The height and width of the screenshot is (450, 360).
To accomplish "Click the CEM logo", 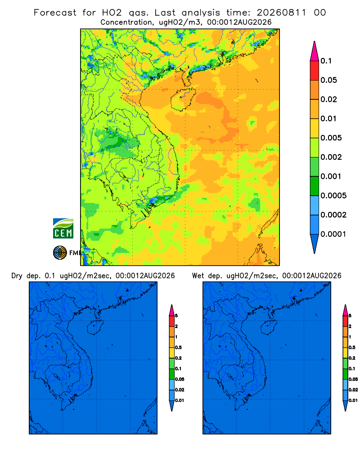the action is click(x=63, y=229).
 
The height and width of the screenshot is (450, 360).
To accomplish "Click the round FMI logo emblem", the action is click(x=60, y=252).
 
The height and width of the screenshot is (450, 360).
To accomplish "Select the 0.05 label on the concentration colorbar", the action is click(x=328, y=80).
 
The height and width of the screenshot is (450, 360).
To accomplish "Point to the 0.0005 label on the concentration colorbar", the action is click(x=333, y=195).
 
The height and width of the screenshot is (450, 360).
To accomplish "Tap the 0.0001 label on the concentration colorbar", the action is click(x=333, y=234).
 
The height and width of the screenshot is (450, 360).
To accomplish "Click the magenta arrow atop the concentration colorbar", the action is click(x=315, y=51).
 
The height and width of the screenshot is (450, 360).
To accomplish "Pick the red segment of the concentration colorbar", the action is click(x=315, y=71).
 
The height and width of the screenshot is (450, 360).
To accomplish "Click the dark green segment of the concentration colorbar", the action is click(x=315, y=186).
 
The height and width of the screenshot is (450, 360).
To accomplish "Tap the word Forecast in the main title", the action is click(x=55, y=13).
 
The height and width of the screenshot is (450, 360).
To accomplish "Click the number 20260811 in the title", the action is click(x=281, y=13).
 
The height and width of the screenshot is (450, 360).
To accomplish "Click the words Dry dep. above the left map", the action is click(x=26, y=276).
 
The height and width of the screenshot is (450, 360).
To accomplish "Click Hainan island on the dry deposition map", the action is click(x=95, y=327).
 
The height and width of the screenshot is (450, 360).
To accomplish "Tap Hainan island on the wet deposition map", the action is click(x=269, y=327).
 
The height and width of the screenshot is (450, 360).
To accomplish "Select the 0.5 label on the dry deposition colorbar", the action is click(x=178, y=347).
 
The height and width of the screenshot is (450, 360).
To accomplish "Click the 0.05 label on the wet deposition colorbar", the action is click(x=353, y=379).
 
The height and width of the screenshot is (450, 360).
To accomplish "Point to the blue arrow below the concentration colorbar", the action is click(x=315, y=243).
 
